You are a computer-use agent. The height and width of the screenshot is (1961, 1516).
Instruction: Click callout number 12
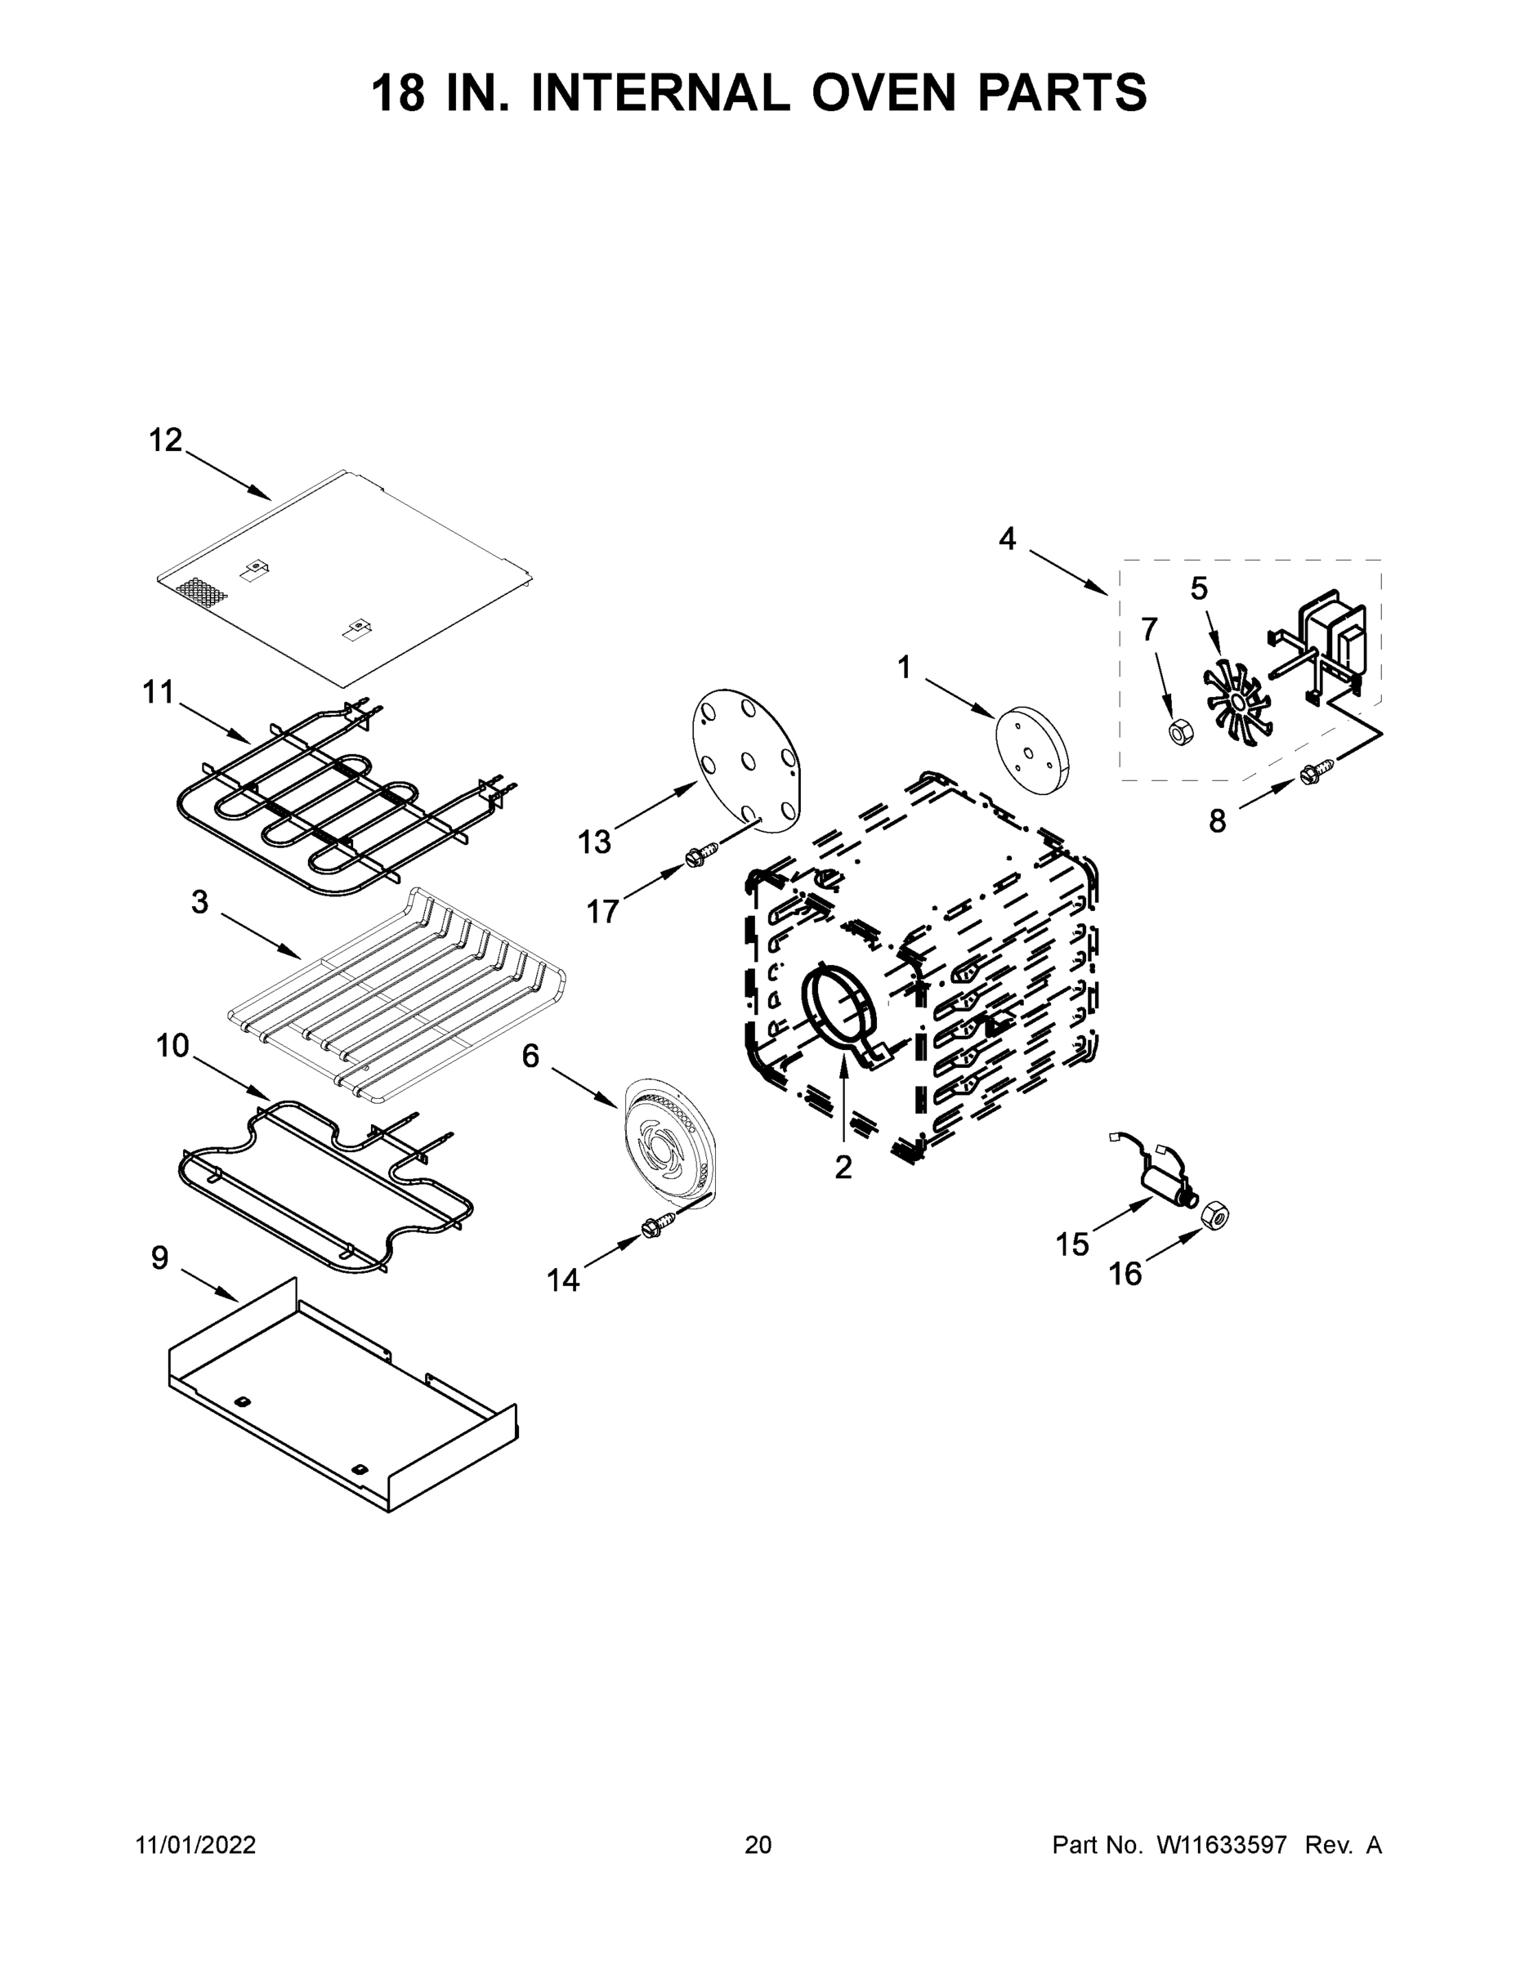pyautogui.click(x=165, y=441)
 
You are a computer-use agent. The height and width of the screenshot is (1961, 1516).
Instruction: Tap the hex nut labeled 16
pyautogui.click(x=1215, y=1216)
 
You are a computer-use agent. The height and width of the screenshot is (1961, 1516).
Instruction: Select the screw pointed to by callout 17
pyautogui.click(x=701, y=854)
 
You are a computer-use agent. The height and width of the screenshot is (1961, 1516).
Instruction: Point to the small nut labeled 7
pyautogui.click(x=1179, y=732)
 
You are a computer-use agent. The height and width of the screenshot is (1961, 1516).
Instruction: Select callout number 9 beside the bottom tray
pyautogui.click(x=159, y=1259)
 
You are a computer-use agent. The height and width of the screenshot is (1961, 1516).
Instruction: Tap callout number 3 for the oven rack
pyautogui.click(x=199, y=902)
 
